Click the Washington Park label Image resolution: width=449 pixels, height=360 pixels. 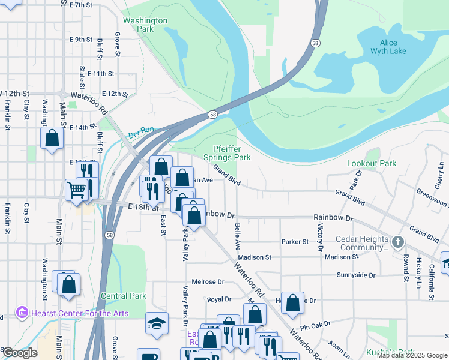145,25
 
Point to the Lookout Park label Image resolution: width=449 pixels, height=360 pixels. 372,163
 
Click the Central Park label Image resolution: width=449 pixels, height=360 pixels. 124,296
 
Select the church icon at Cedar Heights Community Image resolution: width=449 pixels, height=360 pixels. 397,242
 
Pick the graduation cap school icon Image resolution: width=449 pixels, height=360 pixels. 157,323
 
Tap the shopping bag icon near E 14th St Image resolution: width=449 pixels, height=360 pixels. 52,137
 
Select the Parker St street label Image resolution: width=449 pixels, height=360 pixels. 295,242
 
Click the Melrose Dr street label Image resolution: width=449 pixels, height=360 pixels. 208,281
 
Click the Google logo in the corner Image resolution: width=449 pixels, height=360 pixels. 19,353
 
